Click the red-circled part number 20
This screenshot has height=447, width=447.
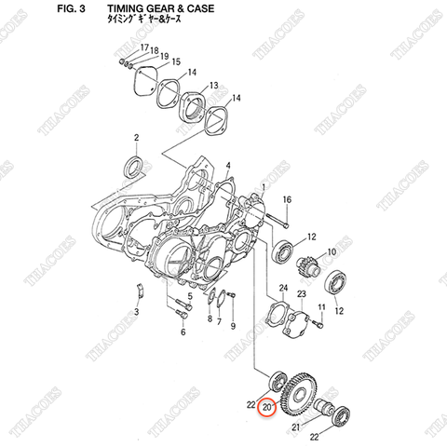pos(269,407)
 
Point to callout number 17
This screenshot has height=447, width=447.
pos(144,47)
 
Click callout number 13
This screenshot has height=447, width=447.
pos(212,85)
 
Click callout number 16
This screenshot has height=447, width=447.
pos(287,200)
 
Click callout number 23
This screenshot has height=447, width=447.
pos(302,294)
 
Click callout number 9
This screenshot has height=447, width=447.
pos(234,326)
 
